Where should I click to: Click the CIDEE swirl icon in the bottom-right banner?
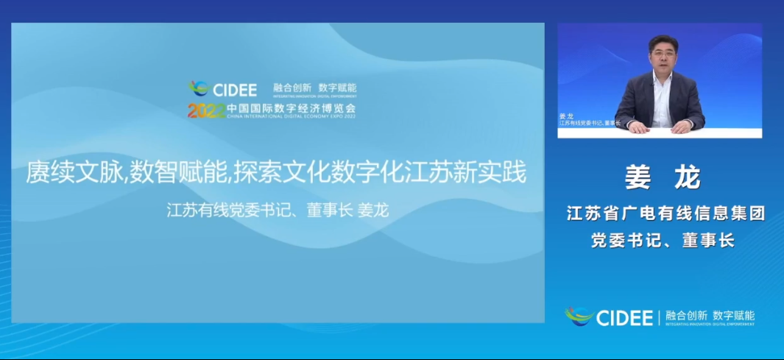(x=579, y=317)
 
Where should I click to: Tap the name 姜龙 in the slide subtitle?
(x=372, y=211)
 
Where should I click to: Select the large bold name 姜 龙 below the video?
(x=663, y=177)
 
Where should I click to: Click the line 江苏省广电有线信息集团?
(x=666, y=214)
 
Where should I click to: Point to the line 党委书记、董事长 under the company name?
(x=663, y=241)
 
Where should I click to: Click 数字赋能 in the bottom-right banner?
(x=734, y=314)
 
